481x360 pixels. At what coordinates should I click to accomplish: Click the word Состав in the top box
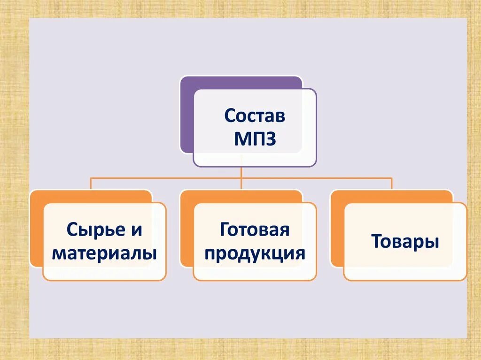(x=255, y=115)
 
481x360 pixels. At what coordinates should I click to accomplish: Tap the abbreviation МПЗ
(x=255, y=139)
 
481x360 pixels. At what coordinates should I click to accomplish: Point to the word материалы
(x=104, y=253)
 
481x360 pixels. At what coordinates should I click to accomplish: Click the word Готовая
(x=254, y=230)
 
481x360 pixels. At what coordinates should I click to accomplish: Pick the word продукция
(x=255, y=253)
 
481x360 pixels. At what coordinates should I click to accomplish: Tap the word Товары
(x=405, y=242)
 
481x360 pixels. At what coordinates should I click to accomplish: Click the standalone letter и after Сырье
(x=135, y=230)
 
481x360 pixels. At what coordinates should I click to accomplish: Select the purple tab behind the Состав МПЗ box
(x=187, y=117)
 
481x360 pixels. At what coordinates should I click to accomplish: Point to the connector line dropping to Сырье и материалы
(x=91, y=184)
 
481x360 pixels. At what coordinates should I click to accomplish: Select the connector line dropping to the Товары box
(x=392, y=184)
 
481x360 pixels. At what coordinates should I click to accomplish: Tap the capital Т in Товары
(x=376, y=242)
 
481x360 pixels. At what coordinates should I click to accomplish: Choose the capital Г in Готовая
(x=224, y=230)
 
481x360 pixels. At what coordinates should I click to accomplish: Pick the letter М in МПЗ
(x=242, y=139)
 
